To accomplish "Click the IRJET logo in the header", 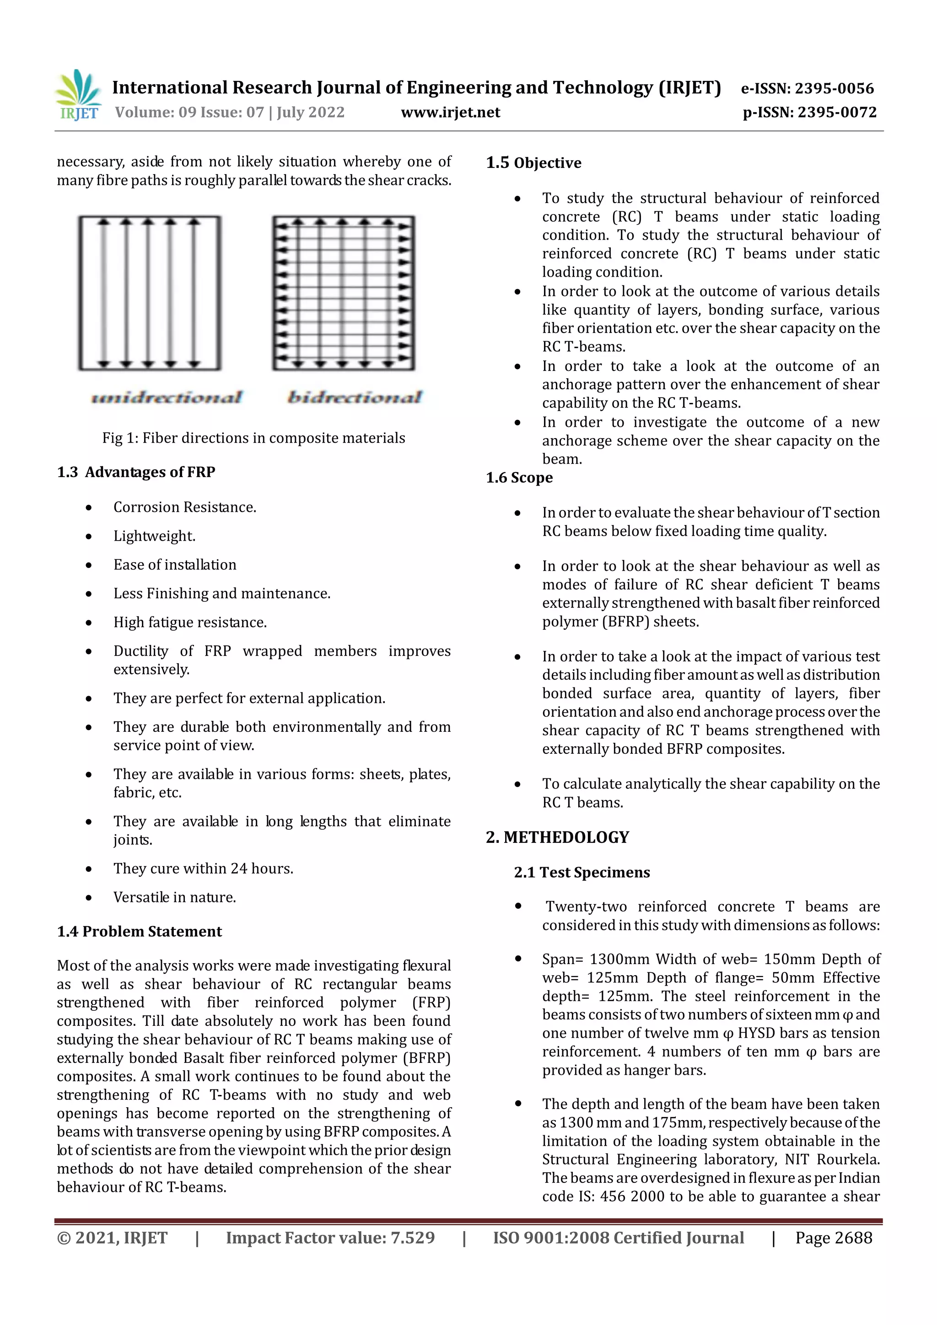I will click(x=79, y=95).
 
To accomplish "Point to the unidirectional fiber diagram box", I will click(x=150, y=293).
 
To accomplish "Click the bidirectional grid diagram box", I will click(x=344, y=293).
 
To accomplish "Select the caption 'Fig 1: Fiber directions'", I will click(x=253, y=438).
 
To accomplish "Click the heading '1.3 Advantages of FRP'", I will click(x=136, y=472).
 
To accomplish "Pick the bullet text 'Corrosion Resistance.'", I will click(x=185, y=507).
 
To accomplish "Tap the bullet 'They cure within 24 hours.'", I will click(x=203, y=869).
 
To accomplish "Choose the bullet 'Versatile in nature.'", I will click(x=174, y=897).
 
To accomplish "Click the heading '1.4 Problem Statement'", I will click(x=139, y=931).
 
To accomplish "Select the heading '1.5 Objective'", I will click(x=533, y=163).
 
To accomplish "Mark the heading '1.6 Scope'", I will click(x=519, y=478).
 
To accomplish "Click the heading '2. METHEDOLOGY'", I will click(x=557, y=837).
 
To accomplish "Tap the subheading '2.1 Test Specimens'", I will click(x=582, y=873).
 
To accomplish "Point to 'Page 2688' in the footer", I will click(x=833, y=1238).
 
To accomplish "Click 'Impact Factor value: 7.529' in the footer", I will click(x=330, y=1238).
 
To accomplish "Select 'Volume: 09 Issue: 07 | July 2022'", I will click(x=230, y=113).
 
